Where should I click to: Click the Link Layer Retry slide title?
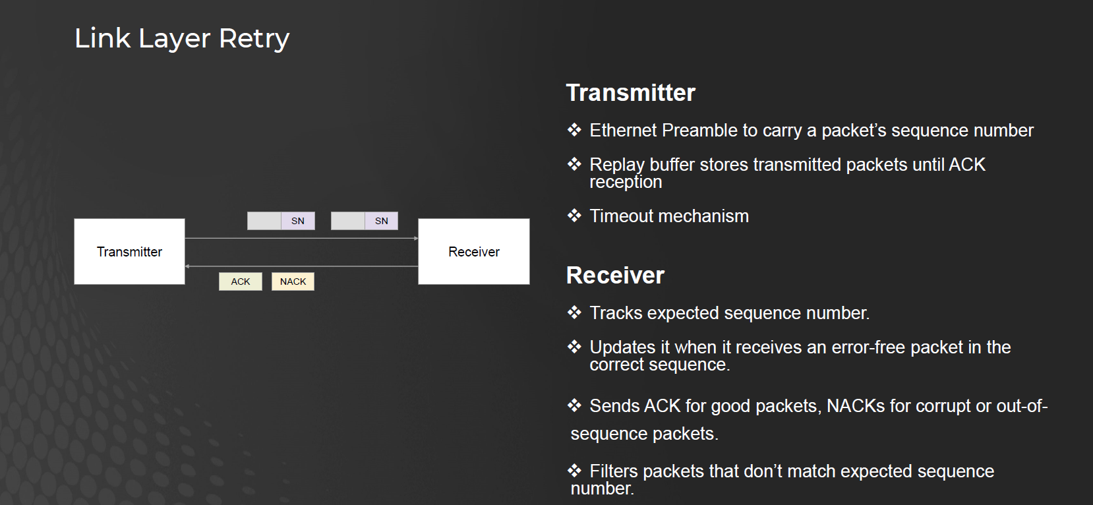click(182, 38)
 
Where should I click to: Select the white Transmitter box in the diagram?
click(129, 251)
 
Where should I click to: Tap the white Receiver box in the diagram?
click(474, 251)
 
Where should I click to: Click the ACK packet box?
click(241, 282)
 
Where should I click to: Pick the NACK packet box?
click(293, 282)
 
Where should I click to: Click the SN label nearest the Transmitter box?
click(298, 221)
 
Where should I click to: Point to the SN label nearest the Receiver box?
click(381, 221)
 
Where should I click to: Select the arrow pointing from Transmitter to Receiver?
click(301, 239)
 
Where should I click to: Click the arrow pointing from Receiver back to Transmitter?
click(301, 266)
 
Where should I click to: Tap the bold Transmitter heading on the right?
click(630, 93)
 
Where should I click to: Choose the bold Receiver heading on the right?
click(615, 275)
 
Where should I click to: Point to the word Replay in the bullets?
click(617, 165)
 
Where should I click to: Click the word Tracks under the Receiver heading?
click(616, 312)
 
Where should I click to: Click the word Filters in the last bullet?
click(614, 471)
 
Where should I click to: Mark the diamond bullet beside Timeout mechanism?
click(574, 215)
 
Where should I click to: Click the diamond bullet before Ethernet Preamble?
click(574, 130)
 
